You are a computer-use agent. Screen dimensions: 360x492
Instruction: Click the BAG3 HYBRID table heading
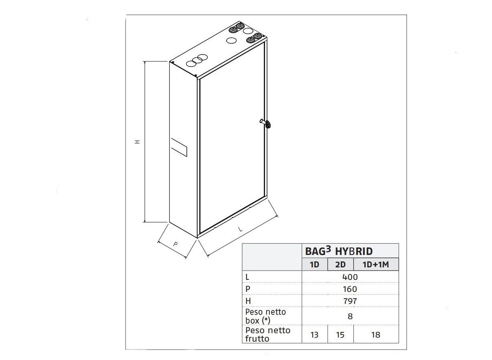[339, 251]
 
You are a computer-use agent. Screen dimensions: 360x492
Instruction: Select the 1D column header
[315, 265]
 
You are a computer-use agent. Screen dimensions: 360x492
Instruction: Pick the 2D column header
[340, 265]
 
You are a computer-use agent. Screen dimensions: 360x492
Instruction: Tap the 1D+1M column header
[376, 265]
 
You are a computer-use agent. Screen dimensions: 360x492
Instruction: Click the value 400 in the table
[350, 277]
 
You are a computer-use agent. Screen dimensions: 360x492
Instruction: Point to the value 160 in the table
[350, 289]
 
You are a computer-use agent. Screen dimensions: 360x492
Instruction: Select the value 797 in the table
[350, 301]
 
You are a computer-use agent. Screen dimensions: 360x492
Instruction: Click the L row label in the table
[247, 277]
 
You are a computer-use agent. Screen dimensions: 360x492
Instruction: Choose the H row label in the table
[247, 301]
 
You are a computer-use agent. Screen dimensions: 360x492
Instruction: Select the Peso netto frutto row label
[267, 334]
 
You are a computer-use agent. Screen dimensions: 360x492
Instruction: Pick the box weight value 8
[350, 316]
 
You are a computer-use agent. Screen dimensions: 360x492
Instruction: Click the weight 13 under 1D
[314, 335]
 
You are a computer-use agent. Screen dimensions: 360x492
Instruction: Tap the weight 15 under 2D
[340, 335]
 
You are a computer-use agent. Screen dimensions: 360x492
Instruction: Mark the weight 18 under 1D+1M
[376, 335]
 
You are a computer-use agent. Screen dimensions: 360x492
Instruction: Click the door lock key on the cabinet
[268, 124]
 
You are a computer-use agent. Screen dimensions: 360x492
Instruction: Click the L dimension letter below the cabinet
[240, 229]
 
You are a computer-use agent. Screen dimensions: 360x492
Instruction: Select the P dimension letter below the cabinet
[175, 244]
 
